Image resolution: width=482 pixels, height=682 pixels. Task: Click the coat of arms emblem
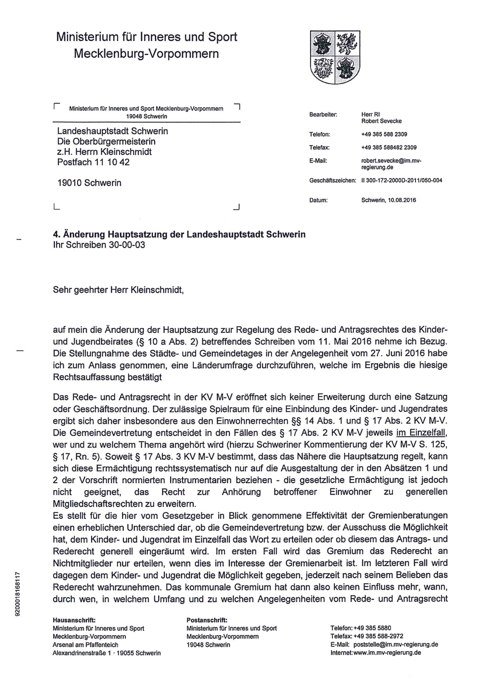click(335, 57)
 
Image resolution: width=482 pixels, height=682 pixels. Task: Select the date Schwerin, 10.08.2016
click(388, 200)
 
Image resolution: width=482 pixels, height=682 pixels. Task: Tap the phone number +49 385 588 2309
click(384, 134)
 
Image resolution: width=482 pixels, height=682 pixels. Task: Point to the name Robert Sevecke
click(381, 121)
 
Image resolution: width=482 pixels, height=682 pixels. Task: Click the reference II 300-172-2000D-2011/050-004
click(402, 180)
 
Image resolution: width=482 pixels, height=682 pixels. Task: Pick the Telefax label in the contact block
click(319, 147)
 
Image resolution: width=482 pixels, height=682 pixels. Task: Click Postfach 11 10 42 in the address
click(93, 162)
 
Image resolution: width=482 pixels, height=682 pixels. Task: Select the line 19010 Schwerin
click(89, 183)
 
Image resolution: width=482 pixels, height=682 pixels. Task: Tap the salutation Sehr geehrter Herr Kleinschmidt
click(118, 290)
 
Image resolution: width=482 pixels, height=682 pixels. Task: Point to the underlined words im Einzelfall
click(421, 433)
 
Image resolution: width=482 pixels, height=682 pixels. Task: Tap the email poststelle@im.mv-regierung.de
click(396, 644)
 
